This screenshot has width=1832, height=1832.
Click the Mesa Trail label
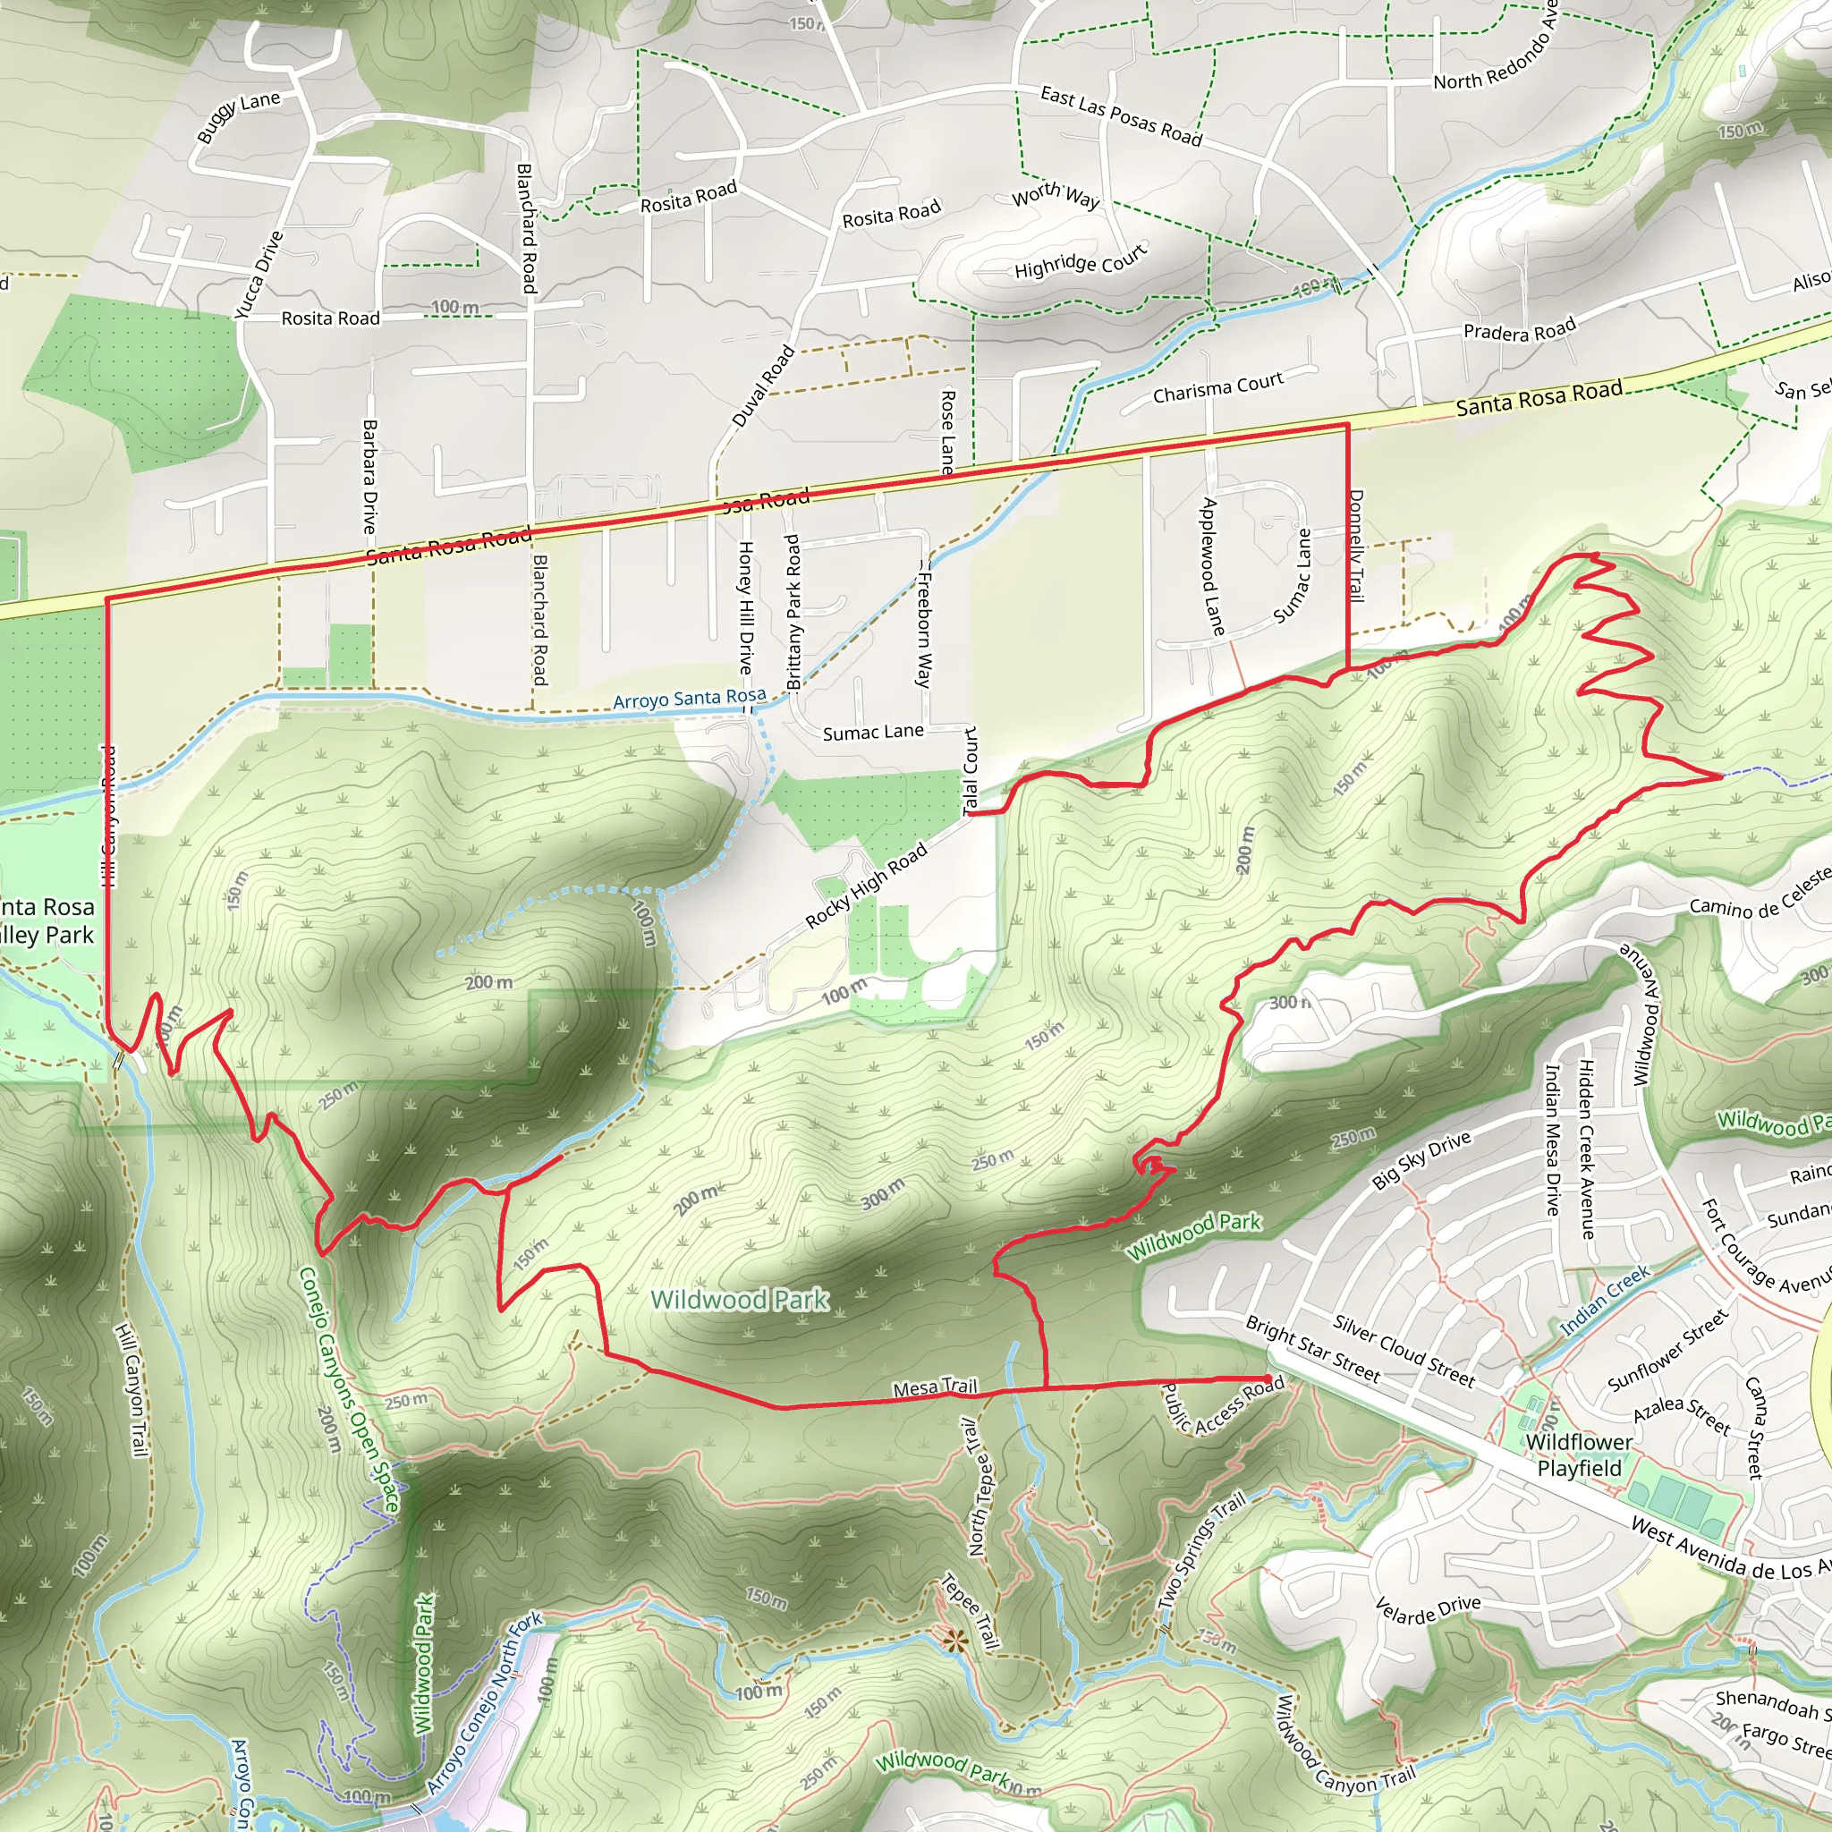coord(934,1388)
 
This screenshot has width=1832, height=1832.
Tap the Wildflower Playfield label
coord(1579,1455)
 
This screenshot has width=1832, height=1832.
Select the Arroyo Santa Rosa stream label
coord(689,700)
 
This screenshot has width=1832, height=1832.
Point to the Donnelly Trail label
coord(1356,546)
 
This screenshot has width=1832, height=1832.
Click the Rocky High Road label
coord(866,886)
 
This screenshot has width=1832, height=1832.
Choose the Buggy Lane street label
coord(238,114)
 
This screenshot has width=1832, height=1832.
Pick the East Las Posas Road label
coord(1121,115)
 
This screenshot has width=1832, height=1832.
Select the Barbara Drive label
coord(369,476)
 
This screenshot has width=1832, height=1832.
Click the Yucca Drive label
coord(259,275)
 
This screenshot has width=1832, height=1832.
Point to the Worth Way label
coord(1056,194)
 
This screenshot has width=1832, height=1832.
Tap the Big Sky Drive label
coord(1421,1159)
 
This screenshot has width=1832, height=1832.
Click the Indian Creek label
coord(1606,1301)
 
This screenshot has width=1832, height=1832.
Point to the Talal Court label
coord(970,771)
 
